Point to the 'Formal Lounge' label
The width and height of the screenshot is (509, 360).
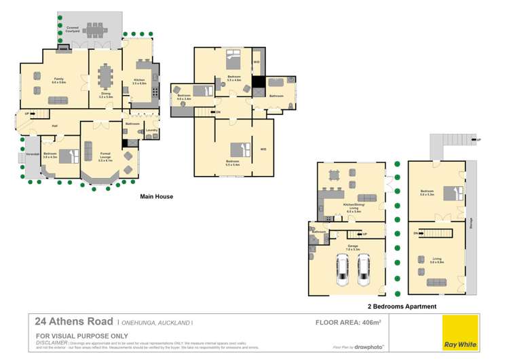105,158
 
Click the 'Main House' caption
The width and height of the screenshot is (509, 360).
156,197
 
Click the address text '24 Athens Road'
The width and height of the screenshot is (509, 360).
74,323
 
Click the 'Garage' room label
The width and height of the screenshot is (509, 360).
353,245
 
